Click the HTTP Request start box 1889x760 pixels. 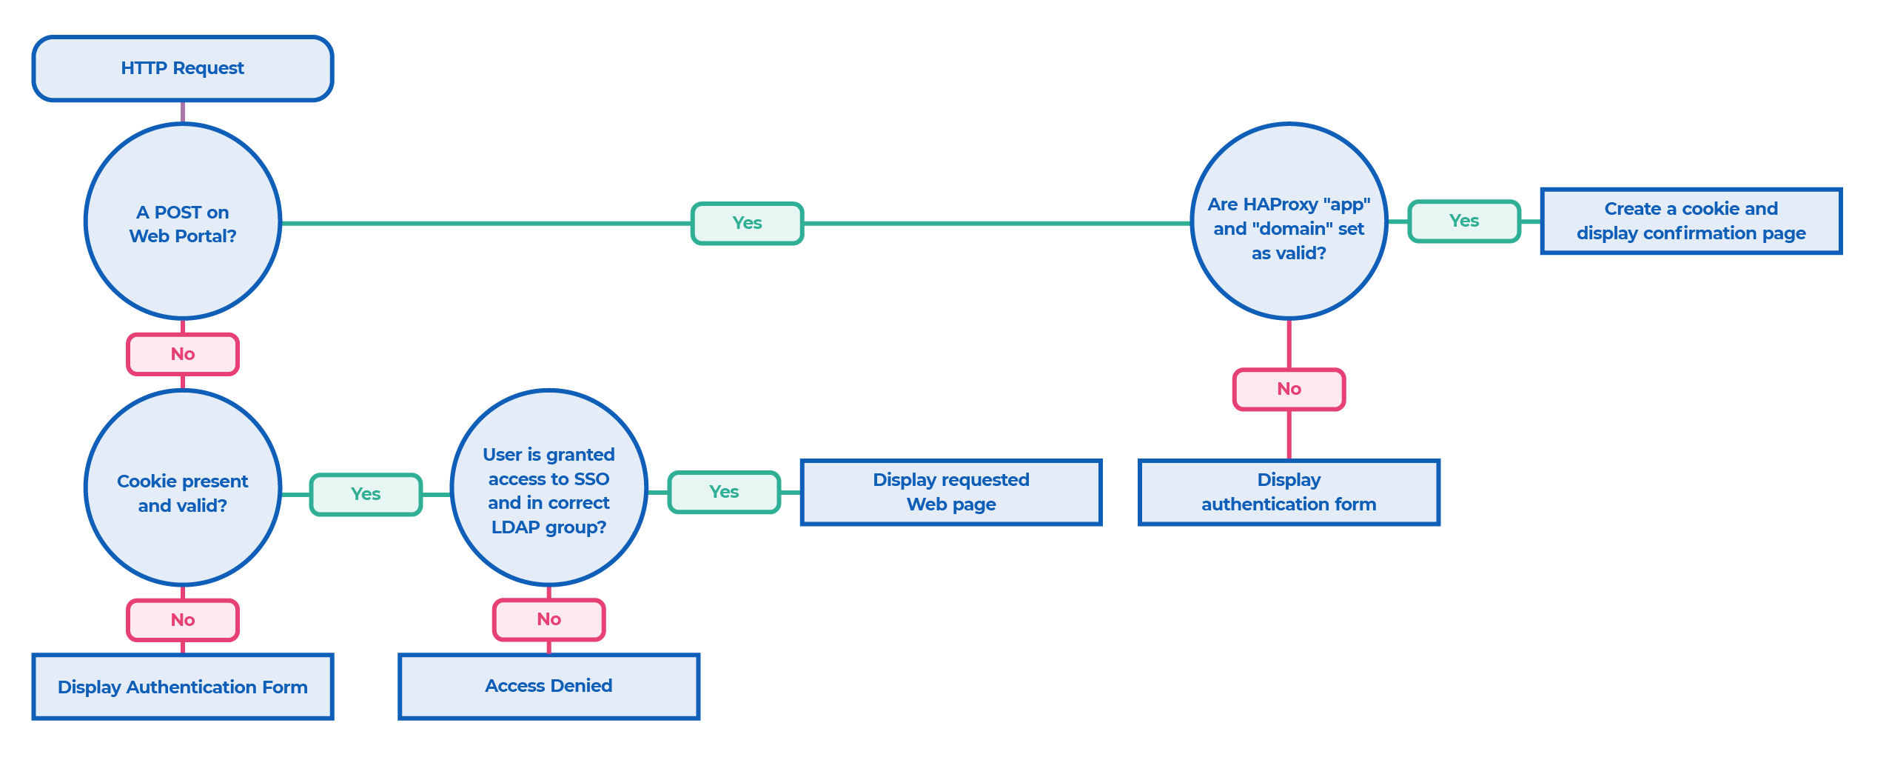coord(183,68)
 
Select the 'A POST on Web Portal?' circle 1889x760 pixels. coord(183,222)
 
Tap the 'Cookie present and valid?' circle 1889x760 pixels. coord(183,489)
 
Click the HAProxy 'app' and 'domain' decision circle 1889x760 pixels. coord(1289,222)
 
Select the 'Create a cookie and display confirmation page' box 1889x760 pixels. coord(1691,221)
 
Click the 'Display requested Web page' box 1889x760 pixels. coord(951,492)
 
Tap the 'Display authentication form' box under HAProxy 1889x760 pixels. coord(1289,492)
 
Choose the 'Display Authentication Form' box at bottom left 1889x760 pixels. coord(183,687)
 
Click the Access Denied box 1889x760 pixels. coord(548,686)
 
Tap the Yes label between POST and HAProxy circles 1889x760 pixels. coord(747,223)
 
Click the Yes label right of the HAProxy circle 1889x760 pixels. coord(1463,221)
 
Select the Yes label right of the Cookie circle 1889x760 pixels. coord(366,494)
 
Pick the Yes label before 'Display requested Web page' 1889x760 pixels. coord(724,492)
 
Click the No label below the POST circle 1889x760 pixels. coord(183,354)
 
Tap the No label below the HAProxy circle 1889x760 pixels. coord(1289,389)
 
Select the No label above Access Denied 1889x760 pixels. coord(548,619)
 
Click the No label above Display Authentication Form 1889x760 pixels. coord(183,620)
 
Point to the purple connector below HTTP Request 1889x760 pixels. coord(183,113)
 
